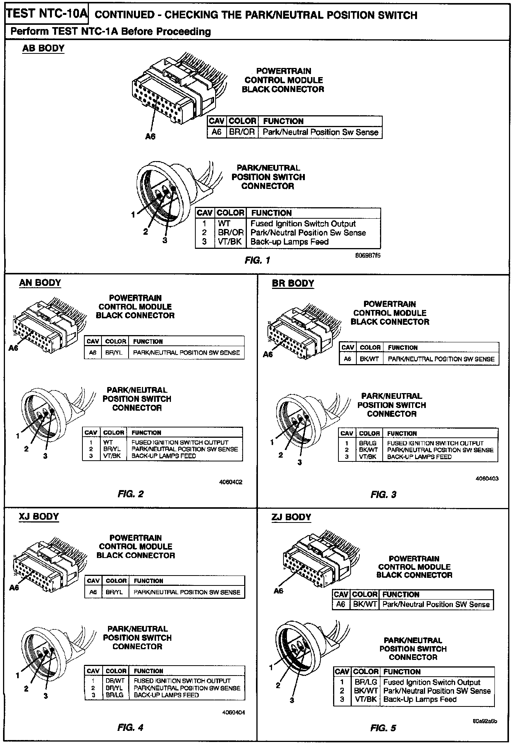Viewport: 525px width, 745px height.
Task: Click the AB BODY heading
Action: coord(43,48)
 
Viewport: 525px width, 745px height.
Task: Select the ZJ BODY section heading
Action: coord(291,517)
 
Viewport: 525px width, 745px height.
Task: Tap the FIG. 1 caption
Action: coord(257,261)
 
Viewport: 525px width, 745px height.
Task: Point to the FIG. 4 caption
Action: coord(130,727)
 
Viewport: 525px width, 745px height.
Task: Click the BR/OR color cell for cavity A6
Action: coord(242,132)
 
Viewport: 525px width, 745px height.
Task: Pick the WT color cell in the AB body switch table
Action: coord(224,224)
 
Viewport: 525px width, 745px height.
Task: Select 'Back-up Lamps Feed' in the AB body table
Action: coord(289,242)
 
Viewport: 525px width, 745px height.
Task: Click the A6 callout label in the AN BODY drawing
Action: coord(13,348)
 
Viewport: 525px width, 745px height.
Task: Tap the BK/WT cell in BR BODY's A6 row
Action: coord(369,359)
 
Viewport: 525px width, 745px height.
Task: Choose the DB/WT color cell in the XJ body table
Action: coord(115,680)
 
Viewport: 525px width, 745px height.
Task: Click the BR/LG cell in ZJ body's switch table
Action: coord(366,682)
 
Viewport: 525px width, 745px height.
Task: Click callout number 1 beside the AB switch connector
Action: coord(133,215)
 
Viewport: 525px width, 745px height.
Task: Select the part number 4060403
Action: coord(487,479)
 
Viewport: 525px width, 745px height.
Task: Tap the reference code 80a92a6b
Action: coord(485,721)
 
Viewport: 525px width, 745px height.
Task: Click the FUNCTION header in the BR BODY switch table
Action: coord(402,434)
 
